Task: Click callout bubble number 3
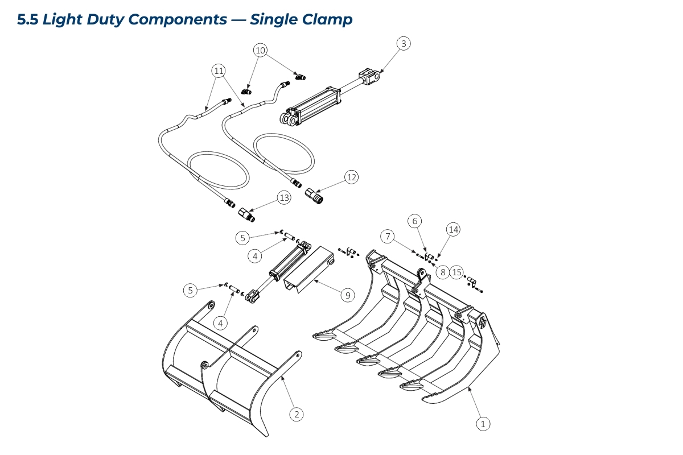pyautogui.click(x=404, y=43)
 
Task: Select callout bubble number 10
pyautogui.click(x=260, y=50)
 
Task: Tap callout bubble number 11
pyautogui.click(x=219, y=71)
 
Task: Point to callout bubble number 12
pyautogui.click(x=352, y=177)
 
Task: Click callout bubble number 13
pyautogui.click(x=284, y=198)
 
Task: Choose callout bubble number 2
pyautogui.click(x=296, y=414)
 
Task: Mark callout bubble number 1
pyautogui.click(x=483, y=423)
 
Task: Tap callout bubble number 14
pyautogui.click(x=453, y=230)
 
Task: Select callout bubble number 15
pyautogui.click(x=457, y=272)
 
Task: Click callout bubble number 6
pyautogui.click(x=415, y=221)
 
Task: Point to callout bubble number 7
pyautogui.click(x=389, y=235)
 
